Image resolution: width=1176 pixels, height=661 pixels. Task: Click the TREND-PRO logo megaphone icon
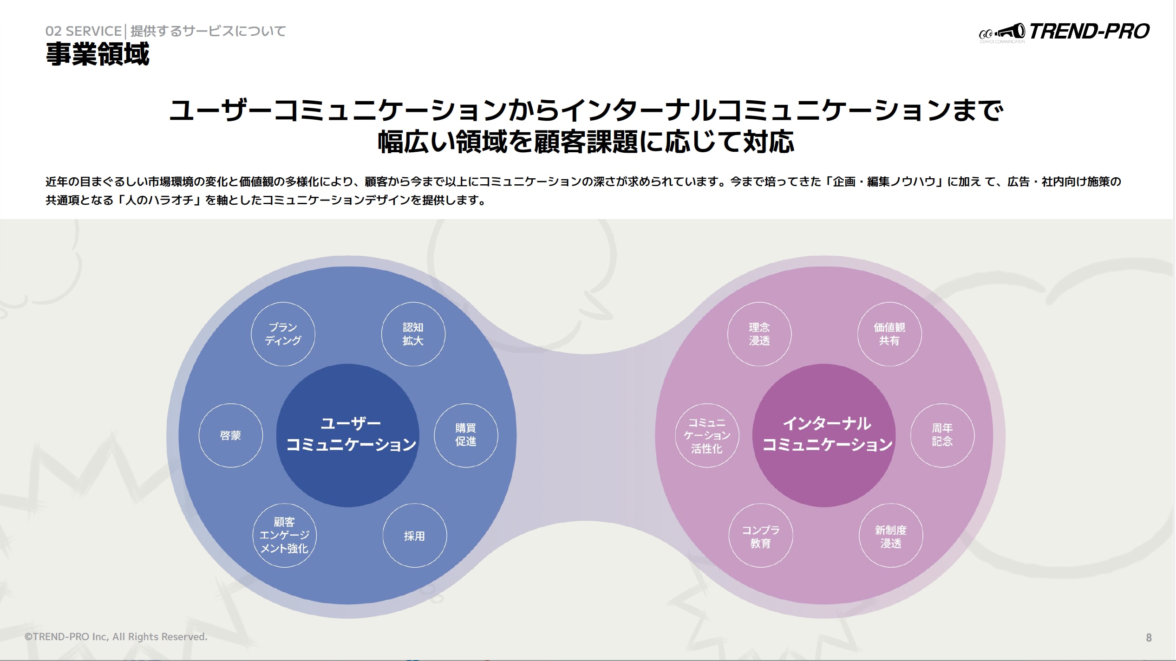[x=1010, y=32]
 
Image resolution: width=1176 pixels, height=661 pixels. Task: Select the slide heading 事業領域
[x=98, y=54]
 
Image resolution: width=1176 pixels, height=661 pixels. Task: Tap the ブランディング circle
[x=283, y=334]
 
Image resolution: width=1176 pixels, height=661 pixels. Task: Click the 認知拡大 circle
[x=413, y=334]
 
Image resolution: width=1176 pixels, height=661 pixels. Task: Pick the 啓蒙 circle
[x=231, y=435]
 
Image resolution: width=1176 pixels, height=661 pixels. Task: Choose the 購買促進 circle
[x=466, y=435]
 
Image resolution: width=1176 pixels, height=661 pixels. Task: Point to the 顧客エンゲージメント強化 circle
[x=284, y=535]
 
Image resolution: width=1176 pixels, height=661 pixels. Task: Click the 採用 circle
[x=415, y=535]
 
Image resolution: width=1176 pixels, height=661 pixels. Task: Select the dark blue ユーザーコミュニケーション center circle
[x=348, y=435]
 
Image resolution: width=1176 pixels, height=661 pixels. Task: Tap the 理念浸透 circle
[x=759, y=334]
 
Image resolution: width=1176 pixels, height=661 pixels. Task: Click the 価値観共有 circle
[x=889, y=334]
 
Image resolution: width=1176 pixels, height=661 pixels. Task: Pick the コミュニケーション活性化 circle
[x=707, y=435]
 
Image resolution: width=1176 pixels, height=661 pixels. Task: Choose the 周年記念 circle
[x=942, y=435]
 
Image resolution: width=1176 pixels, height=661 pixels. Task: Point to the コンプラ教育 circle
[x=761, y=535]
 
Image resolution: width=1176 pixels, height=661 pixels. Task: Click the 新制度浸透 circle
[x=891, y=535]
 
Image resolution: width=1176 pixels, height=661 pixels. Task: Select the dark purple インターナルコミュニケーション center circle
[x=824, y=435]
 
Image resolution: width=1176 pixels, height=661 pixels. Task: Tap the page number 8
[x=1149, y=638]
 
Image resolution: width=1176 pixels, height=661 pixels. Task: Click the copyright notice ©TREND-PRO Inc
[x=116, y=637]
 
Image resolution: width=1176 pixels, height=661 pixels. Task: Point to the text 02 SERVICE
[x=84, y=31]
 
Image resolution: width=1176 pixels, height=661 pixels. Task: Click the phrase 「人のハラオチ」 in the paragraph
[x=159, y=200]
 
